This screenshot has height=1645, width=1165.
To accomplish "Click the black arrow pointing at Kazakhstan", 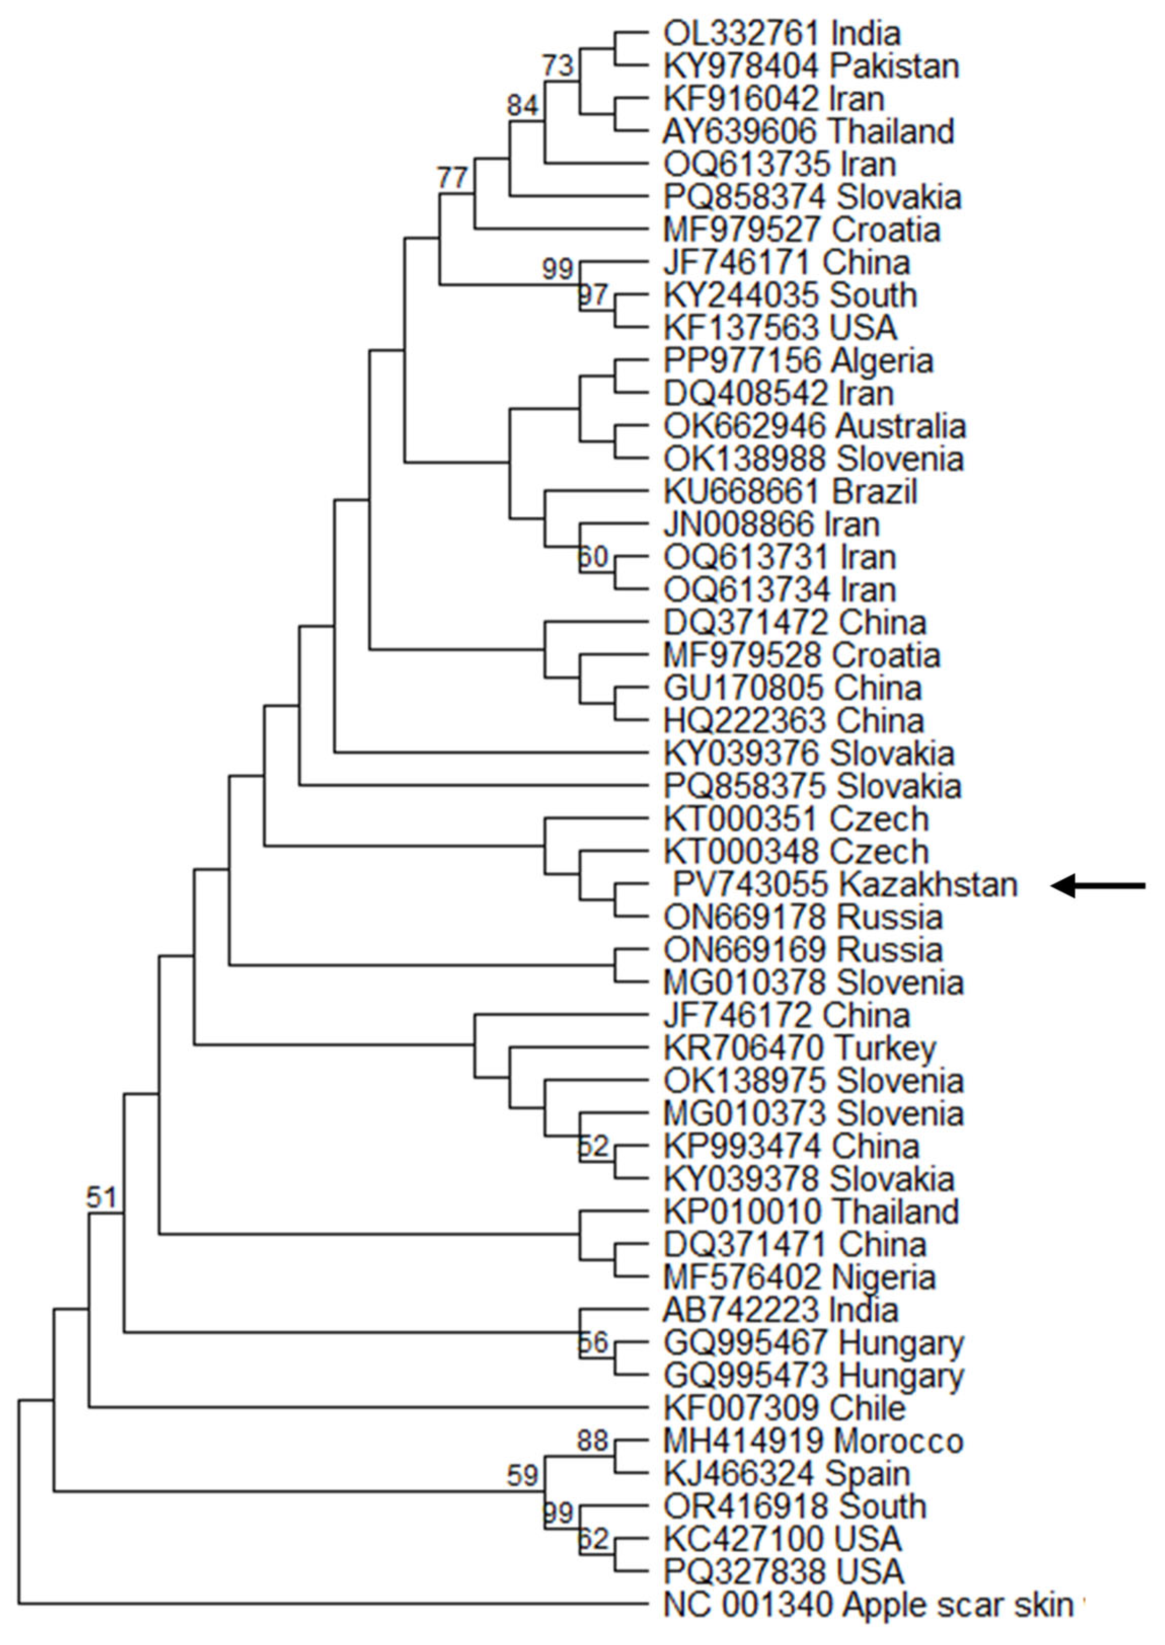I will [x=1098, y=886].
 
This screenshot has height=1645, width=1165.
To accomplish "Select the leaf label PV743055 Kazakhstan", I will [x=845, y=885].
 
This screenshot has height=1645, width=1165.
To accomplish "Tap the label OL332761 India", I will [x=781, y=34].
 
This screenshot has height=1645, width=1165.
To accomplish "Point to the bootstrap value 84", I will [x=522, y=105].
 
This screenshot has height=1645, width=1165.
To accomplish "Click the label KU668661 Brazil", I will [x=790, y=492].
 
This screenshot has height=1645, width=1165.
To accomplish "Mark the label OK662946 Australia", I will [x=814, y=426].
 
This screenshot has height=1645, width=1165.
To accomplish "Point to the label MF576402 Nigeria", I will [x=799, y=1277].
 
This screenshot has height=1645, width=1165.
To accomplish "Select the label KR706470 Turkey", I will [x=799, y=1049].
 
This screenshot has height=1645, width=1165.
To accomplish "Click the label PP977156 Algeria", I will [x=798, y=361].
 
